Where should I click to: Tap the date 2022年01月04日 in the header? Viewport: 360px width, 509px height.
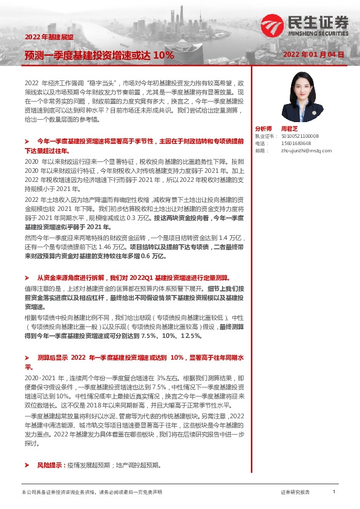click(313, 54)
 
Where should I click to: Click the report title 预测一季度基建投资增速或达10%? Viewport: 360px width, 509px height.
click(99, 54)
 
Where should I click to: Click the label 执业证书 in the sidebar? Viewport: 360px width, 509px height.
click(264, 137)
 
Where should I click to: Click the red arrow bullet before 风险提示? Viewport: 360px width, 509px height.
click(26, 465)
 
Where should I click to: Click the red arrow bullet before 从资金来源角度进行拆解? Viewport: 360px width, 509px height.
click(26, 276)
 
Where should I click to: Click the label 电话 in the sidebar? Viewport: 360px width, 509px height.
click(260, 144)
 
